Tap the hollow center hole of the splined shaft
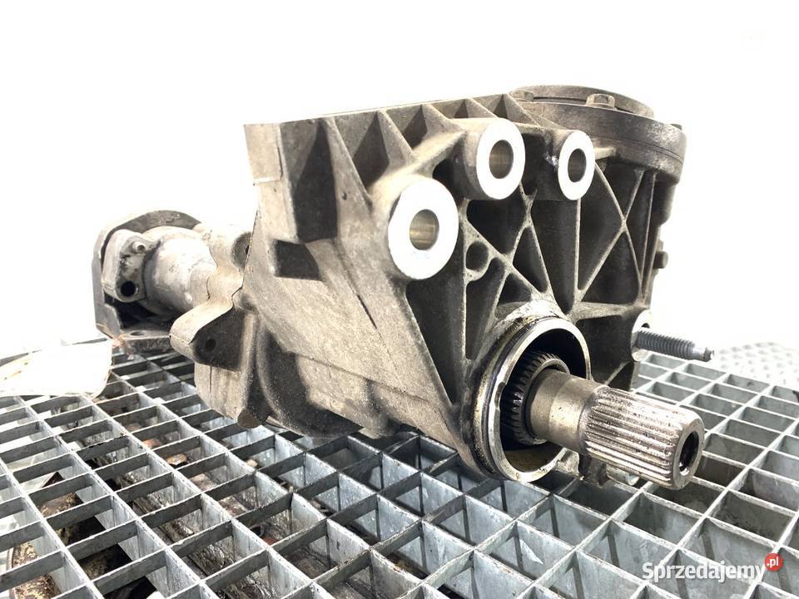coord(689,451)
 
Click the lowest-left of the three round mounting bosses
coord(423,230)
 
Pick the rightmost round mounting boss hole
coord(576,164)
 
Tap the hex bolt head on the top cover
coord(601,99)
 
